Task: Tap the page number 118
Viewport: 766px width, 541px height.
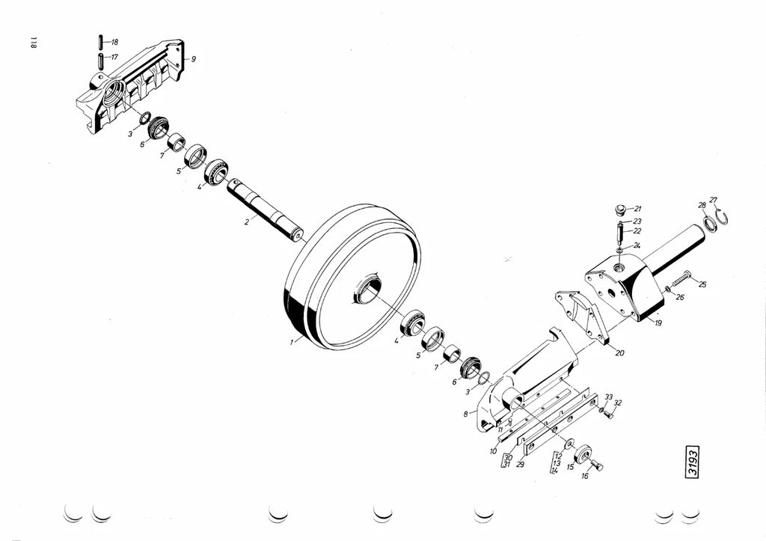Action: (34, 43)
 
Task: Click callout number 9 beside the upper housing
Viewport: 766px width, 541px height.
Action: (194, 59)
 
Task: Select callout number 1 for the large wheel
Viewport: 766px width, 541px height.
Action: (292, 342)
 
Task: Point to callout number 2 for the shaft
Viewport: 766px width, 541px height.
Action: (247, 222)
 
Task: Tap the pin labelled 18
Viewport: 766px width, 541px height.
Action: (101, 42)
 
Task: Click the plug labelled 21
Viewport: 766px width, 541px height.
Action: (620, 210)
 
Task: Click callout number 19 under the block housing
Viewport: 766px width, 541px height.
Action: (658, 323)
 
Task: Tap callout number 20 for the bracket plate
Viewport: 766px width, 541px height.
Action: (620, 352)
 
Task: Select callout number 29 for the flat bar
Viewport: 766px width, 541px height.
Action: (521, 464)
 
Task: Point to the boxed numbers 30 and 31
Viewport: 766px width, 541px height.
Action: (507, 461)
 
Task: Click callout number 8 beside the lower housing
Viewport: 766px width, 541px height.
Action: (466, 414)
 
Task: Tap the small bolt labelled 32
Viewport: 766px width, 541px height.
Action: (607, 415)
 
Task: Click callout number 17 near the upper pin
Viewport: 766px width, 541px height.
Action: (114, 57)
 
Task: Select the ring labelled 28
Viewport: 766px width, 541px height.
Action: (711, 222)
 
